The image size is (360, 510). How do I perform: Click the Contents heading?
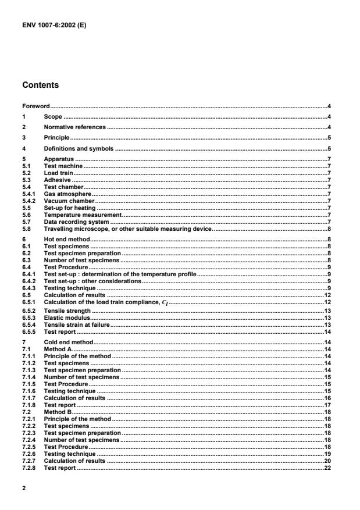(x=40, y=85)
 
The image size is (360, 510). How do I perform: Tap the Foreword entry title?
(x=35, y=106)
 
